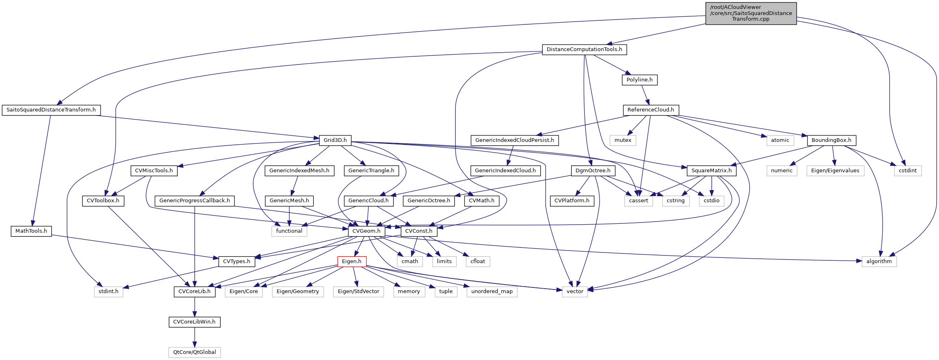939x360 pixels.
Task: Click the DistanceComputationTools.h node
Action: pos(584,49)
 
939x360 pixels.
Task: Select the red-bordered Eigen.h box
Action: pos(352,261)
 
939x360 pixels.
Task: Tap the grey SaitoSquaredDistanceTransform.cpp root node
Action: pos(751,13)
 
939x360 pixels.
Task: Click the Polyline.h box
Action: pos(639,80)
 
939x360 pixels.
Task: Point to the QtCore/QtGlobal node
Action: pos(195,352)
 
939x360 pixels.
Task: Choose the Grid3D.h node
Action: pos(335,140)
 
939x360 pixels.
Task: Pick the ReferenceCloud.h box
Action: pos(651,110)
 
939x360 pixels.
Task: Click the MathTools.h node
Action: pos(31,231)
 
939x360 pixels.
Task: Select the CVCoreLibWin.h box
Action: pos(195,322)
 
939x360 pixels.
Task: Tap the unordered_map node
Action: pos(492,291)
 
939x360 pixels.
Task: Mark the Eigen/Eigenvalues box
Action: pos(835,171)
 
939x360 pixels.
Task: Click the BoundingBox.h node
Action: pos(832,140)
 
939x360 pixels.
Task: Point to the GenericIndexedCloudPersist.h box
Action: pos(514,140)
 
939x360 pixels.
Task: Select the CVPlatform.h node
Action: pos(572,201)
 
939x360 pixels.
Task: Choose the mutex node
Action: pos(623,140)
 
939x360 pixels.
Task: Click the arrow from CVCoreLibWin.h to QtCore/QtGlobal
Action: pos(195,337)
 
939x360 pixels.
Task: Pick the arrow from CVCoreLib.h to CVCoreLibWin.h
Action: pos(195,306)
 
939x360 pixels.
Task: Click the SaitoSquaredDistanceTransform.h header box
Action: pos(51,110)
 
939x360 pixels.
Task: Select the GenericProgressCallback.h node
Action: pos(195,201)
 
